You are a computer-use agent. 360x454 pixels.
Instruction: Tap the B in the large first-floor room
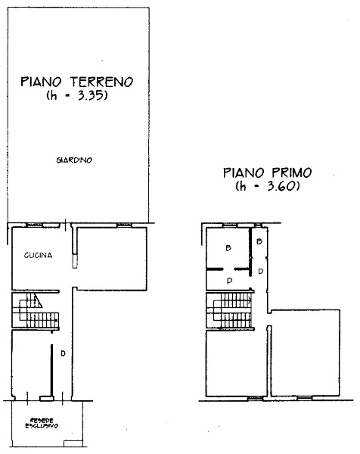tap(227, 248)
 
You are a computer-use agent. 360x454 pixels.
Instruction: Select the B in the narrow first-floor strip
tap(259, 242)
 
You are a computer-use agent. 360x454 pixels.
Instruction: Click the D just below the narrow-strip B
tap(260, 271)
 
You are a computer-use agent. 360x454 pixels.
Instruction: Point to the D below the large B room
tap(230, 280)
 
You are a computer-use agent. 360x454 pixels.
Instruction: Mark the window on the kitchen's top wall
tap(33, 225)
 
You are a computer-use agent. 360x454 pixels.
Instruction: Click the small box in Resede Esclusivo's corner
tap(73, 443)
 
